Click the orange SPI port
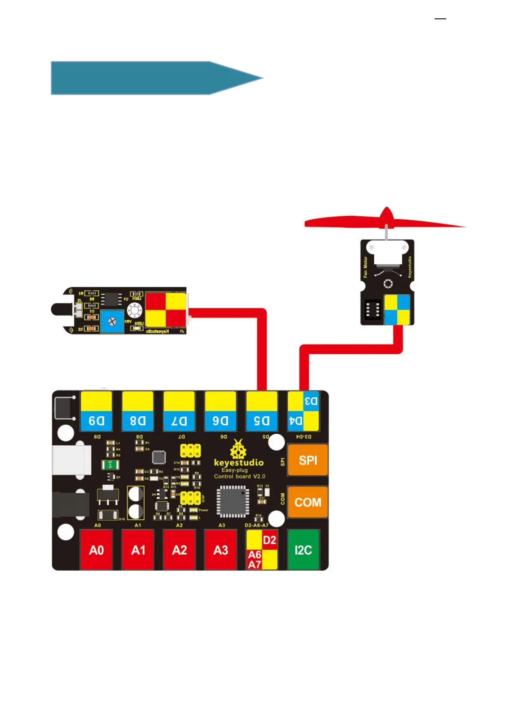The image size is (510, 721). pyautogui.click(x=307, y=460)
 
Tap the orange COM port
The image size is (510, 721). pyautogui.click(x=307, y=502)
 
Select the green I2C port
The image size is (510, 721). pyautogui.click(x=303, y=550)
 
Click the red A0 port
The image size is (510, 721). pyautogui.click(x=96, y=550)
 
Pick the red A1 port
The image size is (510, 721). pyautogui.click(x=138, y=550)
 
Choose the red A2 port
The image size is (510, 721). pyautogui.click(x=179, y=550)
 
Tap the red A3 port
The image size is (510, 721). pyautogui.click(x=221, y=550)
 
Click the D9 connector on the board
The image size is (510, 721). pyautogui.click(x=96, y=411)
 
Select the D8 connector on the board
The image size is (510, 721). pyautogui.click(x=138, y=411)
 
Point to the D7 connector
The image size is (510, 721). pyautogui.click(x=179, y=411)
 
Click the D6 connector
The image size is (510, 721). pyautogui.click(x=221, y=411)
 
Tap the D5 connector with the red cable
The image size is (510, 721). pyautogui.click(x=262, y=411)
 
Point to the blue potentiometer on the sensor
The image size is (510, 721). pyautogui.click(x=112, y=322)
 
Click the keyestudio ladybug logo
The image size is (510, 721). pyautogui.click(x=238, y=450)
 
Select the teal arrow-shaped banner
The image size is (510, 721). pyautogui.click(x=150, y=78)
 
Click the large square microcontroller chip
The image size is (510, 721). pyautogui.click(x=233, y=501)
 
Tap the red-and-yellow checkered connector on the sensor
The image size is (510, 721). pyautogui.click(x=166, y=310)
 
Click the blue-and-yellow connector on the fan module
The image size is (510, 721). pyautogui.click(x=397, y=310)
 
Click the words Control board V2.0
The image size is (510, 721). pyautogui.click(x=239, y=477)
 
